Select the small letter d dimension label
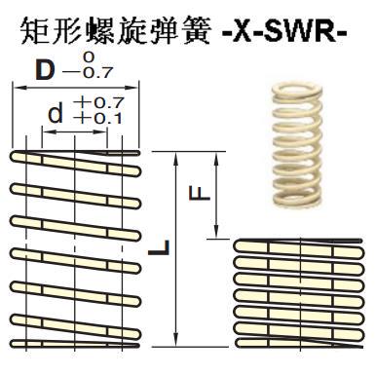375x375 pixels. [56, 113]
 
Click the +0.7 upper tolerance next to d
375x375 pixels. [91, 102]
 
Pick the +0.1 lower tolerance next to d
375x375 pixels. [91, 119]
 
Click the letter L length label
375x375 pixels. [158, 249]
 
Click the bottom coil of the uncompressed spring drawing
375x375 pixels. [75, 341]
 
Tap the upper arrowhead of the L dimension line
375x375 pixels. [176, 157]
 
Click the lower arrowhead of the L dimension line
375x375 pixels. [176, 342]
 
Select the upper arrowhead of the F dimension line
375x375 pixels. [215, 157]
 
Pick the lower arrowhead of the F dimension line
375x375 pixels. [215, 234]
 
